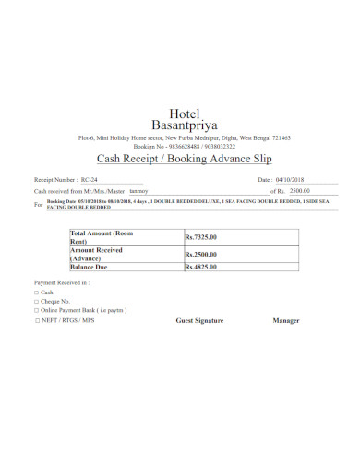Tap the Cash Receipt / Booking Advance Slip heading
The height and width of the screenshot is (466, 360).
(x=180, y=158)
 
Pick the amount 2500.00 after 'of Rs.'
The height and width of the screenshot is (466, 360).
(x=300, y=191)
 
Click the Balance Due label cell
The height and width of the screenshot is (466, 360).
(x=91, y=267)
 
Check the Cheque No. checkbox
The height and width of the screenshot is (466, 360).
(x=36, y=302)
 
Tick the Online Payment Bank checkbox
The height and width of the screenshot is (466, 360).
(x=36, y=311)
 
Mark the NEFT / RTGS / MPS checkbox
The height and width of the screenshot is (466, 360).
(x=36, y=321)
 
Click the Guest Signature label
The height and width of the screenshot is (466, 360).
(x=199, y=321)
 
